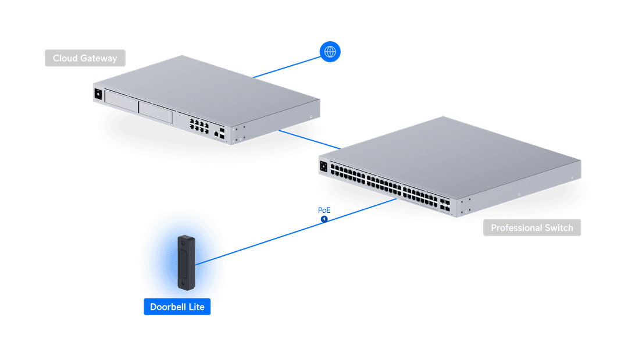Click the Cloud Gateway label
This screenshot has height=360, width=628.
pyautogui.click(x=85, y=58)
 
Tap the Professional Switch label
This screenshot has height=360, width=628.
pyautogui.click(x=532, y=227)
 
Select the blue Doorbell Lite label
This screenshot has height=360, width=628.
pyautogui.click(x=177, y=306)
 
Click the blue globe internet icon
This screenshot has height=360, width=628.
pyautogui.click(x=330, y=52)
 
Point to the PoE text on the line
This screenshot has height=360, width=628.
pyautogui.click(x=324, y=210)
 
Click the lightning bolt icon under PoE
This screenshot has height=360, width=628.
pyautogui.click(x=324, y=219)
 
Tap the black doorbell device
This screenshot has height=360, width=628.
pyautogui.click(x=186, y=262)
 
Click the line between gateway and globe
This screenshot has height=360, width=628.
pyautogui.click(x=287, y=67)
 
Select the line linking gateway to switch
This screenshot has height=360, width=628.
pyautogui.click(x=309, y=140)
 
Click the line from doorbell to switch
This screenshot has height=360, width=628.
pyautogui.click(x=296, y=232)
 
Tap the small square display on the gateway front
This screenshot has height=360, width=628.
pyautogui.click(x=98, y=94)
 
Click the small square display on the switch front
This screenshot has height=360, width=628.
pyautogui.click(x=324, y=166)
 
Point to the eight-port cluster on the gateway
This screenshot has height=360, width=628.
pyautogui.click(x=199, y=126)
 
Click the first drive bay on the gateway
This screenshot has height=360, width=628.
pyautogui.click(x=122, y=102)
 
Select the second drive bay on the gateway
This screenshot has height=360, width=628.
pyautogui.click(x=155, y=112)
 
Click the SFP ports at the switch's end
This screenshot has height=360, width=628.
pyautogui.click(x=445, y=204)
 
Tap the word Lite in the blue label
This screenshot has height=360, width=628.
pyautogui.click(x=197, y=306)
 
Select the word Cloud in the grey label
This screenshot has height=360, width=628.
pyautogui.click(x=65, y=58)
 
